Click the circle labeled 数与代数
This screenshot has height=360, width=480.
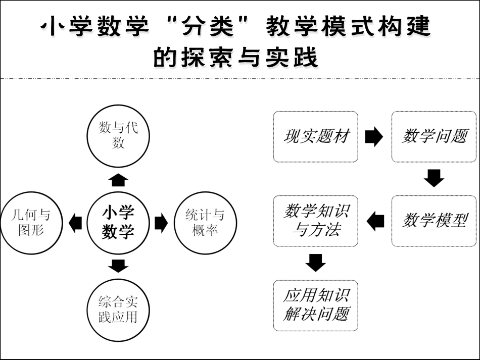click(x=118, y=136)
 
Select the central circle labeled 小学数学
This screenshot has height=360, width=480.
click(x=118, y=223)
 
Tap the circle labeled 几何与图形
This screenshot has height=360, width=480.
click(x=32, y=223)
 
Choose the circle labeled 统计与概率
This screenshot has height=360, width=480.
click(x=205, y=223)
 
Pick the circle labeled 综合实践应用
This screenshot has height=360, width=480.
click(x=118, y=310)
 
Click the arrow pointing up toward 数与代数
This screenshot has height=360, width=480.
click(x=118, y=180)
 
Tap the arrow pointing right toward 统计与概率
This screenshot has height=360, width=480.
click(x=161, y=223)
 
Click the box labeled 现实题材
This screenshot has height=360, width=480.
click(x=315, y=137)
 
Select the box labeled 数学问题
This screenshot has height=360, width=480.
click(x=434, y=137)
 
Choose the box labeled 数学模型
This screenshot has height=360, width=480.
click(x=434, y=221)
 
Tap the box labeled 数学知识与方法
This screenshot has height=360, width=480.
click(x=315, y=221)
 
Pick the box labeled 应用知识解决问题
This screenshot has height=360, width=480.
click(x=315, y=305)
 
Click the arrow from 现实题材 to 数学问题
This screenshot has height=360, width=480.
click(x=374, y=137)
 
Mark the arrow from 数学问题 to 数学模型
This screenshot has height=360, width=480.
click(x=434, y=178)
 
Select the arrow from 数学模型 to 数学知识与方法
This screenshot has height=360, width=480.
click(x=375, y=221)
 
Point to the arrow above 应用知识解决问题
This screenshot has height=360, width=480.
click(x=315, y=263)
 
